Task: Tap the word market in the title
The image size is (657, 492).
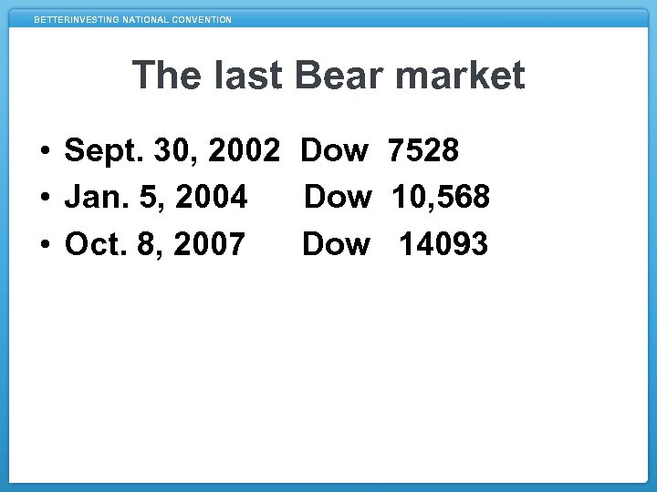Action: coord(464,76)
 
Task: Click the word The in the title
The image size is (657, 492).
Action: coord(165,76)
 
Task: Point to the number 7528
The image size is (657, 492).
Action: coord(423,150)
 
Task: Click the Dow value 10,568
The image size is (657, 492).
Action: coord(441,197)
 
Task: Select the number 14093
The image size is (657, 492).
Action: coord(443,244)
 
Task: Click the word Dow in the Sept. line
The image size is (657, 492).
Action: coord(335,150)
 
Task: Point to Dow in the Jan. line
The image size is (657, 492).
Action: coord(338,197)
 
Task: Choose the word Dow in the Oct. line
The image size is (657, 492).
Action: coord(336,244)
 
